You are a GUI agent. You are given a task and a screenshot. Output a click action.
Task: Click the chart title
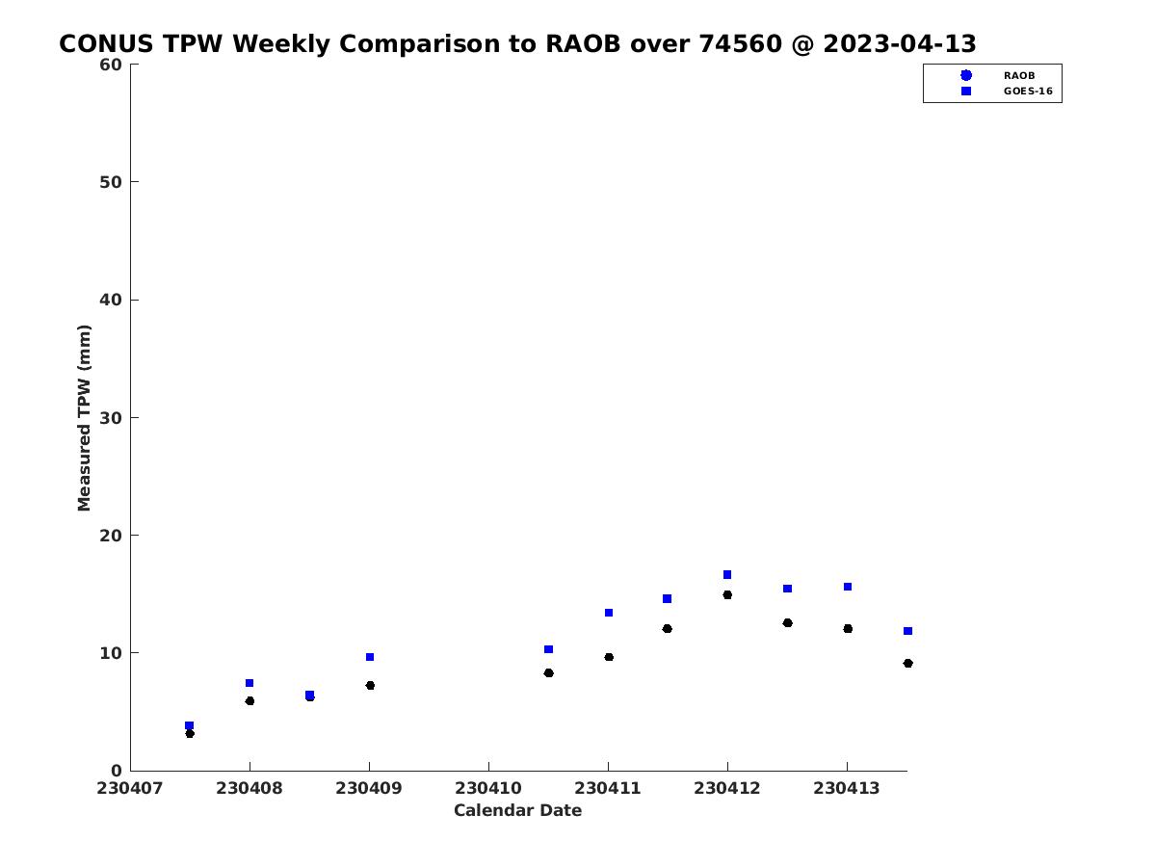click(517, 43)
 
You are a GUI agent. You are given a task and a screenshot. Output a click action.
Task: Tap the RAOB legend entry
click(999, 75)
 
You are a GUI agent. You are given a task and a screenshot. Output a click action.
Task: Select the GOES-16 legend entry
click(1006, 92)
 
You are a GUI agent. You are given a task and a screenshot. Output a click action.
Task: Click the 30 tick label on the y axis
click(110, 417)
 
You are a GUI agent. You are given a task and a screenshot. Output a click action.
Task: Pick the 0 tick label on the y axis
click(117, 770)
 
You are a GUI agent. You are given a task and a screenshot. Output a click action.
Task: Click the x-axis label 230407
click(129, 788)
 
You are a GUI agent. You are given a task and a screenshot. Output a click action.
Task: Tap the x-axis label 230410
click(487, 788)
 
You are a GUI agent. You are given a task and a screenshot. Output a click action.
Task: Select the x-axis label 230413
click(846, 788)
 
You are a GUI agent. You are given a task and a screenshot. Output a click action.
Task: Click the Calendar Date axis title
click(517, 810)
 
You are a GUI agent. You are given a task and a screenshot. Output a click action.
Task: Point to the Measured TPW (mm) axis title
click(84, 417)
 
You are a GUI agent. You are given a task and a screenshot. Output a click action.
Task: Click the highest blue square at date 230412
click(726, 574)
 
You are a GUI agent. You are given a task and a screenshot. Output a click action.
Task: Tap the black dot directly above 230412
click(726, 594)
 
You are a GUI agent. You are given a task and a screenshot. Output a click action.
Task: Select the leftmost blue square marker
click(189, 725)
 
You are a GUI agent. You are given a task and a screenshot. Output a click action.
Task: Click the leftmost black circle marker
click(190, 733)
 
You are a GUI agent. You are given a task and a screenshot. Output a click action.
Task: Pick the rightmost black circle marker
click(907, 664)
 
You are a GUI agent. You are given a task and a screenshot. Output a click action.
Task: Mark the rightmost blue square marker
click(907, 631)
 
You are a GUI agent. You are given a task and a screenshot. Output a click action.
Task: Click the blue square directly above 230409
click(370, 657)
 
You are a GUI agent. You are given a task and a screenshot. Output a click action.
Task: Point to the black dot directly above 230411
click(608, 657)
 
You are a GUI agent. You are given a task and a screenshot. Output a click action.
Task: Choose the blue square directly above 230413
click(848, 587)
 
